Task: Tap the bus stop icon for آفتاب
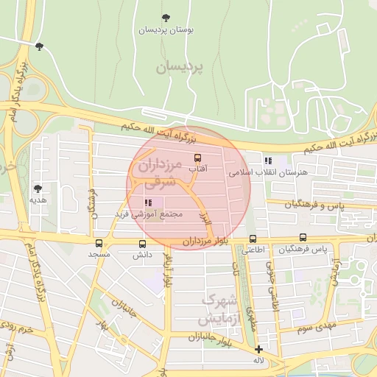tap(197, 157)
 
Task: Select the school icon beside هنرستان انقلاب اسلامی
tap(268, 161)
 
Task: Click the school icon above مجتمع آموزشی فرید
tap(149, 202)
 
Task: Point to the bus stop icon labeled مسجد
tap(99, 243)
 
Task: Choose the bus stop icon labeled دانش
tap(142, 244)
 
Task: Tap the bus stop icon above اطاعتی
tap(253, 239)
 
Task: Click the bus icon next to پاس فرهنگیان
tap(303, 238)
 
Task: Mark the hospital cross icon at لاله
tap(258, 349)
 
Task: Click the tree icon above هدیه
tap(38, 188)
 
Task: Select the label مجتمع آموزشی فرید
tap(152, 214)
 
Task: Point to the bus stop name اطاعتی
tap(253, 250)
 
